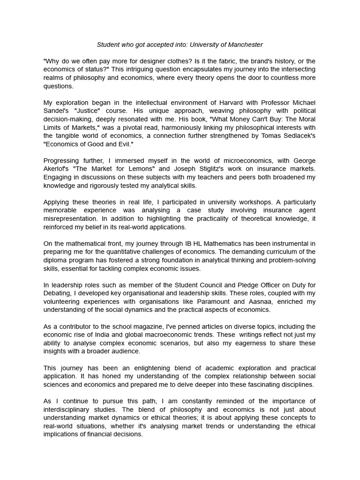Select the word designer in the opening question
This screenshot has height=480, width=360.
[140, 61]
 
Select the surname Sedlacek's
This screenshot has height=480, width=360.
[295, 136]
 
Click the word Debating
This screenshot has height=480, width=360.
[59, 293]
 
